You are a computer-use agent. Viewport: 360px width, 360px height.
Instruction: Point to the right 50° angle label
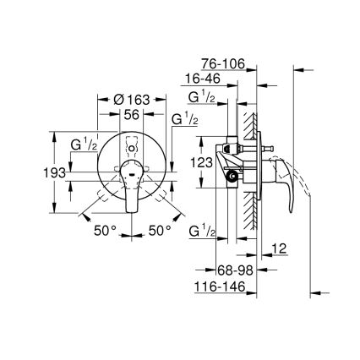[x=161, y=230]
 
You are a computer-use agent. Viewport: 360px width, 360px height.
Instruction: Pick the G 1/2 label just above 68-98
[x=202, y=230]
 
